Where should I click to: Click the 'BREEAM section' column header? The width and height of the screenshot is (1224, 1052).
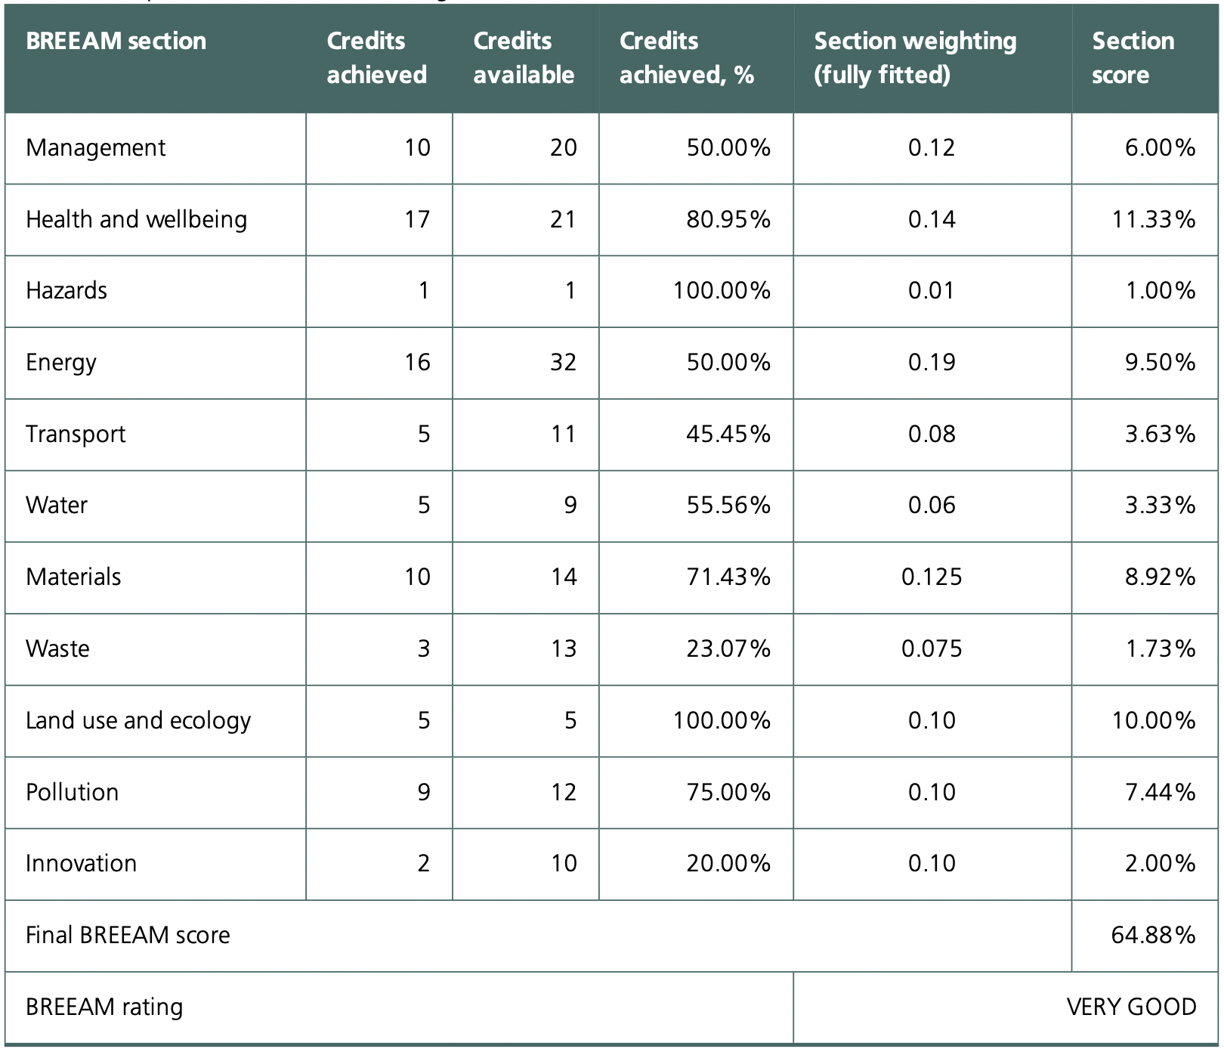coord(116,41)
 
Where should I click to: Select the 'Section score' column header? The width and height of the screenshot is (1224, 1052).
coord(1133,57)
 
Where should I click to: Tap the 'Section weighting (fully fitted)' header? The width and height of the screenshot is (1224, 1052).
coord(915,57)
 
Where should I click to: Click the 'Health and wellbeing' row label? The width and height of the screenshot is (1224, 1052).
coord(136,219)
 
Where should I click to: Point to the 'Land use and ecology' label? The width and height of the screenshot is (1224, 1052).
coord(138,720)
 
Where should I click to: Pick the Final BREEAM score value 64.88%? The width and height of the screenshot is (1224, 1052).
coord(1153,935)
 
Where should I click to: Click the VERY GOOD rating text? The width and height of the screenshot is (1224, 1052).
coord(1131,1007)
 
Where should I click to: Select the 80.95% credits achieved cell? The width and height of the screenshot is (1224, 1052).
coord(728,219)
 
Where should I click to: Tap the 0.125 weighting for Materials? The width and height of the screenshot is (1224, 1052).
coord(932,577)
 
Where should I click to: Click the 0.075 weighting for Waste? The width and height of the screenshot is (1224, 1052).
coord(932,648)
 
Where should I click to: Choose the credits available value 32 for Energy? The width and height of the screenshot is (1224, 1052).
coord(563,362)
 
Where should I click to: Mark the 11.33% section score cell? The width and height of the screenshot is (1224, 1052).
coord(1153,219)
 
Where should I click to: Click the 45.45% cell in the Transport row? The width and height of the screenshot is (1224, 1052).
coord(728,434)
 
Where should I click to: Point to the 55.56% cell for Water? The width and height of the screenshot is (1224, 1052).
coord(728,505)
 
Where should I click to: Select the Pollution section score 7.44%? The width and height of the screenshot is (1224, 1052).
coord(1160,792)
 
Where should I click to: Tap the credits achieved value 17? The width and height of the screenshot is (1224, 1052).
coord(417,219)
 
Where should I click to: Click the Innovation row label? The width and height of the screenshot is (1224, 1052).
coord(81,863)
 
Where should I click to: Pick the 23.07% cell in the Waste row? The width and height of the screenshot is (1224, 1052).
coord(728,648)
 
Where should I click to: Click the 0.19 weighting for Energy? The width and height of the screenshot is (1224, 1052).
coord(932,362)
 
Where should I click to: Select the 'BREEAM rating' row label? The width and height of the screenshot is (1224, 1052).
coord(104,1007)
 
